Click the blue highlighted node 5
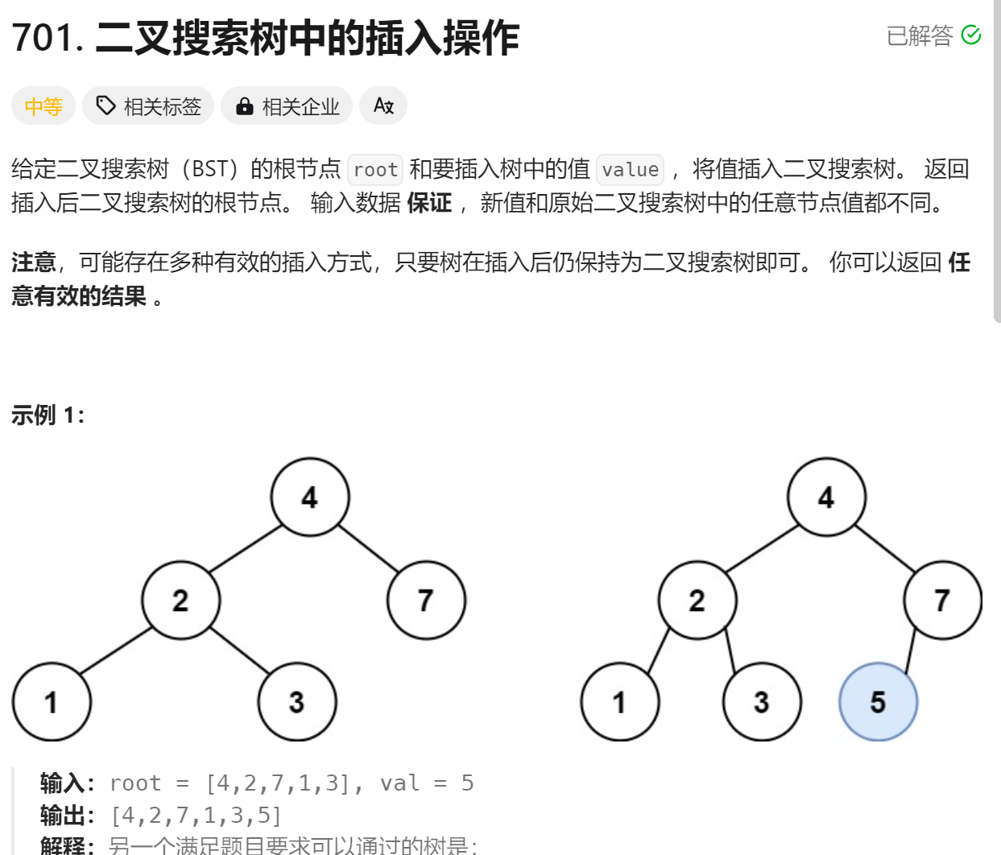coord(878,701)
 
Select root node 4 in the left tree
coord(310,497)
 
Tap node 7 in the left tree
coord(426,600)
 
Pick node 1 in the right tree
coord(619,701)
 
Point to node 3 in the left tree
coord(296,701)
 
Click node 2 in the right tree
coord(697,600)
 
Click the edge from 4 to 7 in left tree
coord(369,549)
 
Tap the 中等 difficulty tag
coord(43,106)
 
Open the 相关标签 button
coord(148,106)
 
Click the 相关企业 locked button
coord(287,106)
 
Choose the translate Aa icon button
coord(383,105)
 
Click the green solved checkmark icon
coord(971,35)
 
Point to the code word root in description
coord(375,170)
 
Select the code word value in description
coord(630,170)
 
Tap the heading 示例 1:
coord(48,415)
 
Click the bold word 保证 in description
coord(429,203)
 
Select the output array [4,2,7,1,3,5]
coord(196,816)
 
